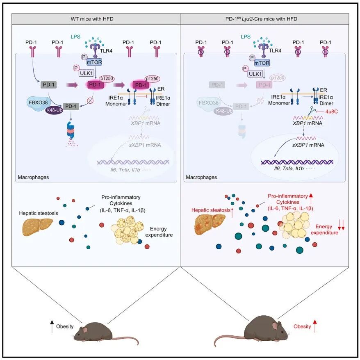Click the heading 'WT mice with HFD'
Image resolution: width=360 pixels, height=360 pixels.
(96, 19)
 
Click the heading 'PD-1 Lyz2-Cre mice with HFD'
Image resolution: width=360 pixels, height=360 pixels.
(264, 19)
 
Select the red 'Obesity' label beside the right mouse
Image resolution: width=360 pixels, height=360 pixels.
(303, 327)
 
